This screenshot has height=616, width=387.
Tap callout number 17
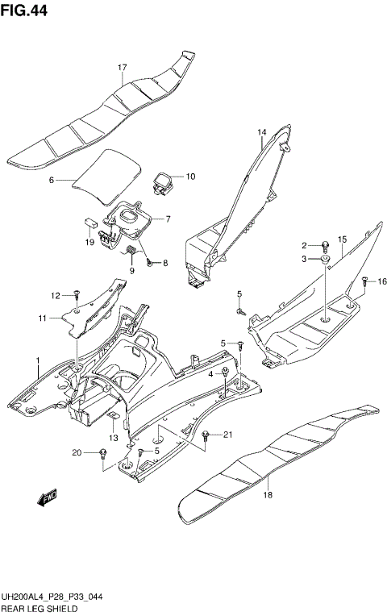click(x=123, y=68)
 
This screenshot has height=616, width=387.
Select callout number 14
click(x=262, y=131)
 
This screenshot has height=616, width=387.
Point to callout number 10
click(x=190, y=177)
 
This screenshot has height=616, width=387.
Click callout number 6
click(x=51, y=181)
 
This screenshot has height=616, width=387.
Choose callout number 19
click(x=90, y=241)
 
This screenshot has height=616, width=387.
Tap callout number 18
click(x=268, y=497)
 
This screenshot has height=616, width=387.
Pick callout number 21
click(x=227, y=435)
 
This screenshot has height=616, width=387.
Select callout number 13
click(x=114, y=438)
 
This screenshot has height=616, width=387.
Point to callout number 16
click(x=382, y=281)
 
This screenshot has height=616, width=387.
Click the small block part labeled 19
click(x=91, y=219)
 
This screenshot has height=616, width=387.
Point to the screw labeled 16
click(x=365, y=282)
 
